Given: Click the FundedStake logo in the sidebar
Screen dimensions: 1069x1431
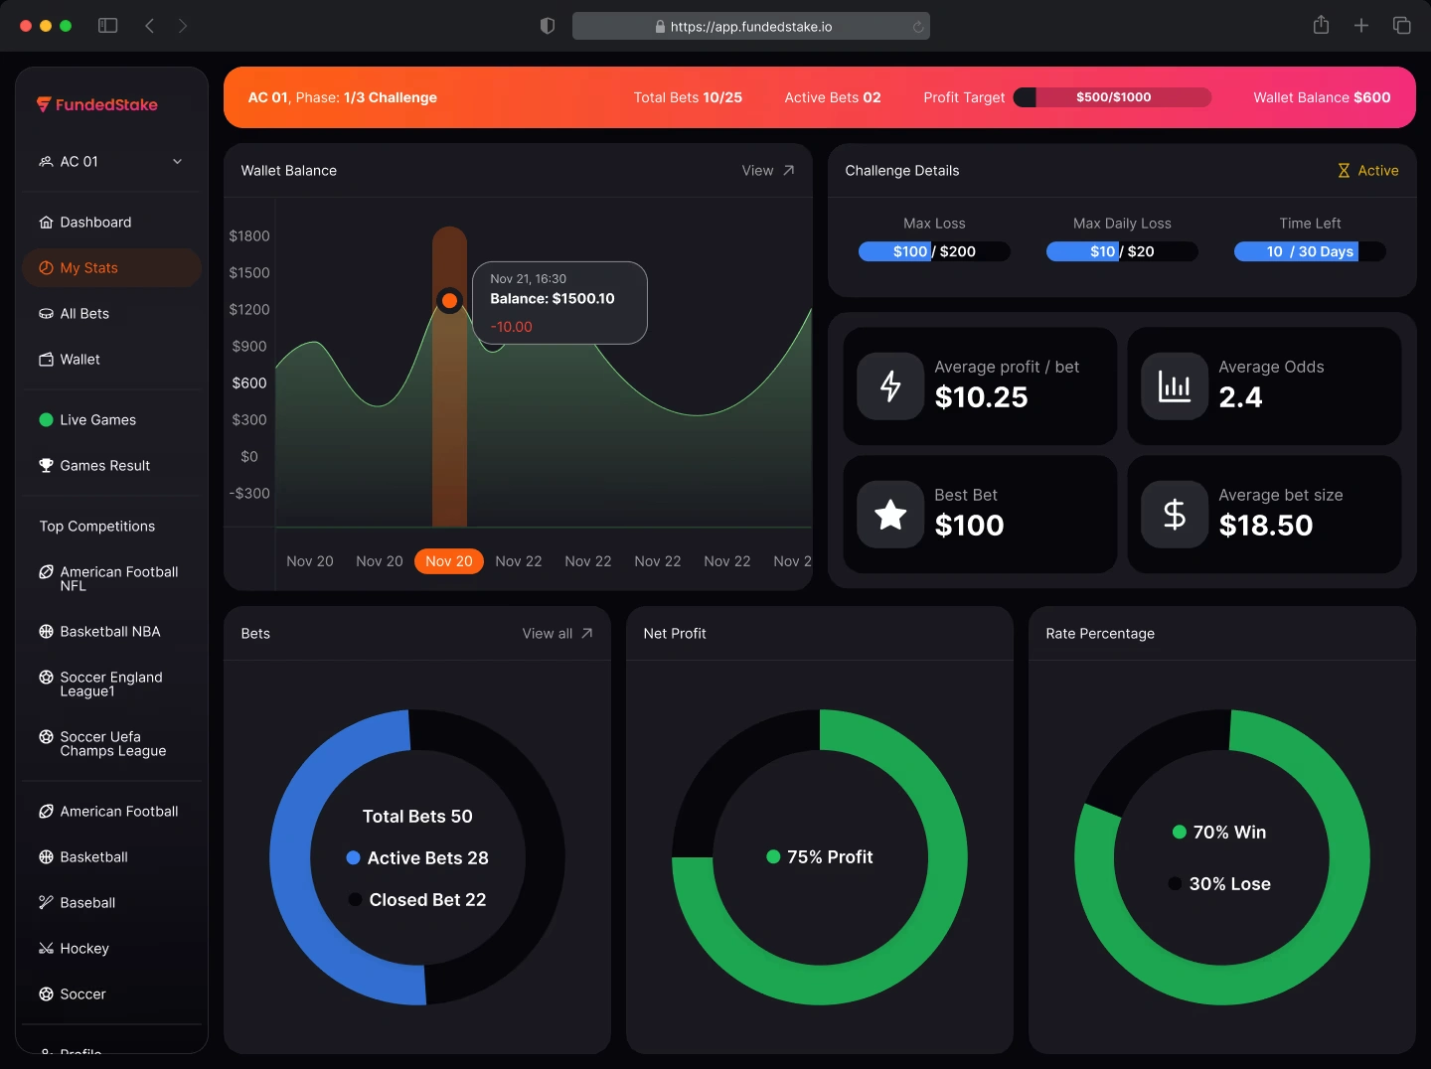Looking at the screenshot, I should (97, 104).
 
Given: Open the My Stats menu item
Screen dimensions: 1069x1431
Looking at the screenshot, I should (88, 268).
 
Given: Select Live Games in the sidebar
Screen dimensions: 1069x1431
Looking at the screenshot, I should (97, 420).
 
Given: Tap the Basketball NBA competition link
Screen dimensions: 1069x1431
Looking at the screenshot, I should (109, 632).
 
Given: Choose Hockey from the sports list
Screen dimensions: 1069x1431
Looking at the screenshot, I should (83, 949).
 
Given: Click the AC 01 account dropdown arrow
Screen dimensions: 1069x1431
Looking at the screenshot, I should (178, 162).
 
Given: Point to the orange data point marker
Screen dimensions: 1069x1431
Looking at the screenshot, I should (449, 300).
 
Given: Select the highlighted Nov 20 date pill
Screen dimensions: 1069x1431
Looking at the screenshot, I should (449, 561).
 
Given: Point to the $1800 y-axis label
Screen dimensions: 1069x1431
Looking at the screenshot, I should (249, 236).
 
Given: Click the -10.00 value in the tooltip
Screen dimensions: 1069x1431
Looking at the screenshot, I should (512, 327).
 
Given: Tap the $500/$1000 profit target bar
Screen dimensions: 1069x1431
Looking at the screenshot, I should (1113, 97).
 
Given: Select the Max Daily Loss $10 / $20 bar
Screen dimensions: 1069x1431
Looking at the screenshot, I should (1122, 251).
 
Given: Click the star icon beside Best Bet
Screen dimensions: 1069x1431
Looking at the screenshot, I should (890, 515).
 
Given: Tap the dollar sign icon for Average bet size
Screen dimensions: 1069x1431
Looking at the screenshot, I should (1175, 515).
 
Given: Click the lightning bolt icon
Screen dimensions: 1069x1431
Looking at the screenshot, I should (890, 386).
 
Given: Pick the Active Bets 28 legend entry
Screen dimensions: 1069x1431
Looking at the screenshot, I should (417, 858).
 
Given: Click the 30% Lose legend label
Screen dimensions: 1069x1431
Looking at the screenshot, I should (1229, 884).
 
